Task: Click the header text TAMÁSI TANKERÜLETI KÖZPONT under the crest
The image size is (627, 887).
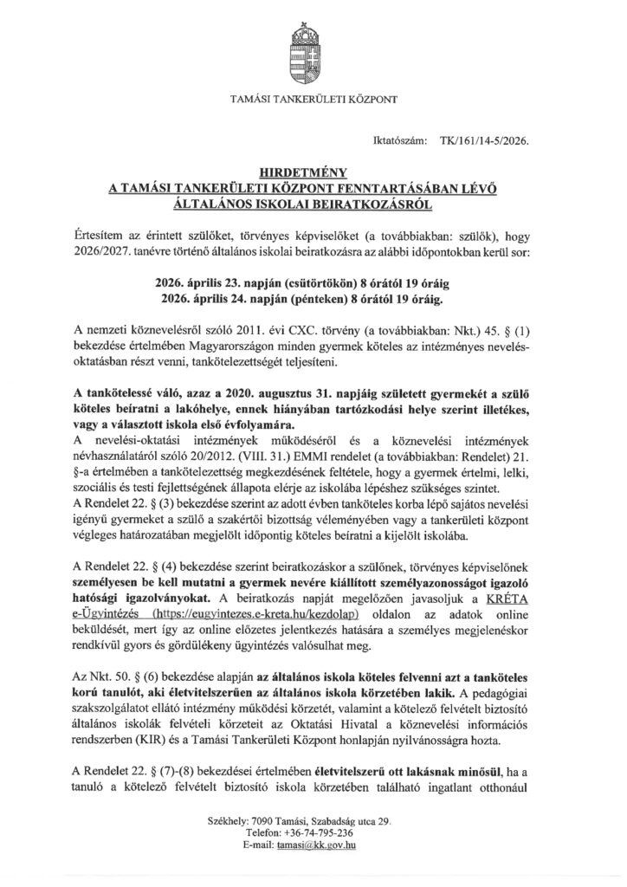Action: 313,100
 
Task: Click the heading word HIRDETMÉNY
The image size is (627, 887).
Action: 313,173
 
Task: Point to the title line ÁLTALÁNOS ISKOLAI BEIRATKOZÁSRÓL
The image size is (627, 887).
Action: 313,204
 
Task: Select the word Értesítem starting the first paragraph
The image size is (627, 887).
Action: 100,236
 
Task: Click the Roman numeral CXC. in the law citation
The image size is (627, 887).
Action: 327,330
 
